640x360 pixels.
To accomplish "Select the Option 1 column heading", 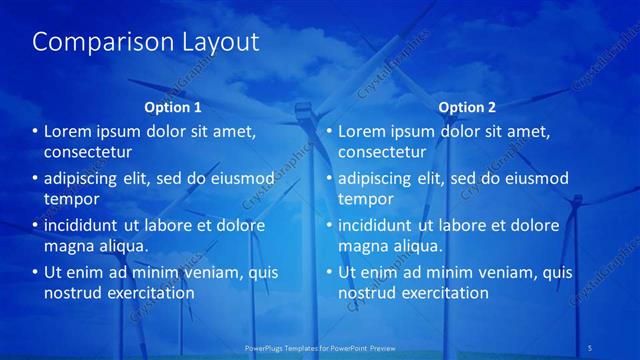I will tap(172, 107).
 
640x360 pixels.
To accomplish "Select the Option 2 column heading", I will tap(466, 107).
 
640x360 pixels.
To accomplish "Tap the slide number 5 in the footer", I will tap(590, 347).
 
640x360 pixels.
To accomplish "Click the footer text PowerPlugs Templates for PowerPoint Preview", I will tap(320, 347).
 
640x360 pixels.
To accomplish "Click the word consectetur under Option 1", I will tap(88, 152).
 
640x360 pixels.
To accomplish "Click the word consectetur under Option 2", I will tap(382, 152).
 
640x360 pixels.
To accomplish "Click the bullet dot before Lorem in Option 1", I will tap(34, 132).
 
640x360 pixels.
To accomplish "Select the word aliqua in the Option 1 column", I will tap(124, 246).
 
